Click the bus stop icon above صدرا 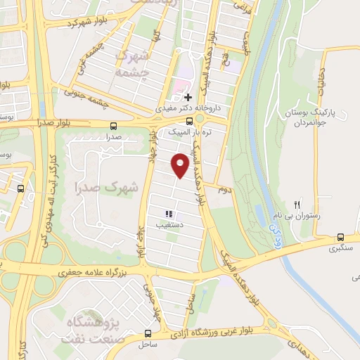[x=114, y=126]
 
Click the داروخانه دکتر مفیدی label [x=194, y=109]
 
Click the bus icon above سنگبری [x=340, y=237]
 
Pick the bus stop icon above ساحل [x=148, y=333]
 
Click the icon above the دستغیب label [x=168, y=213]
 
